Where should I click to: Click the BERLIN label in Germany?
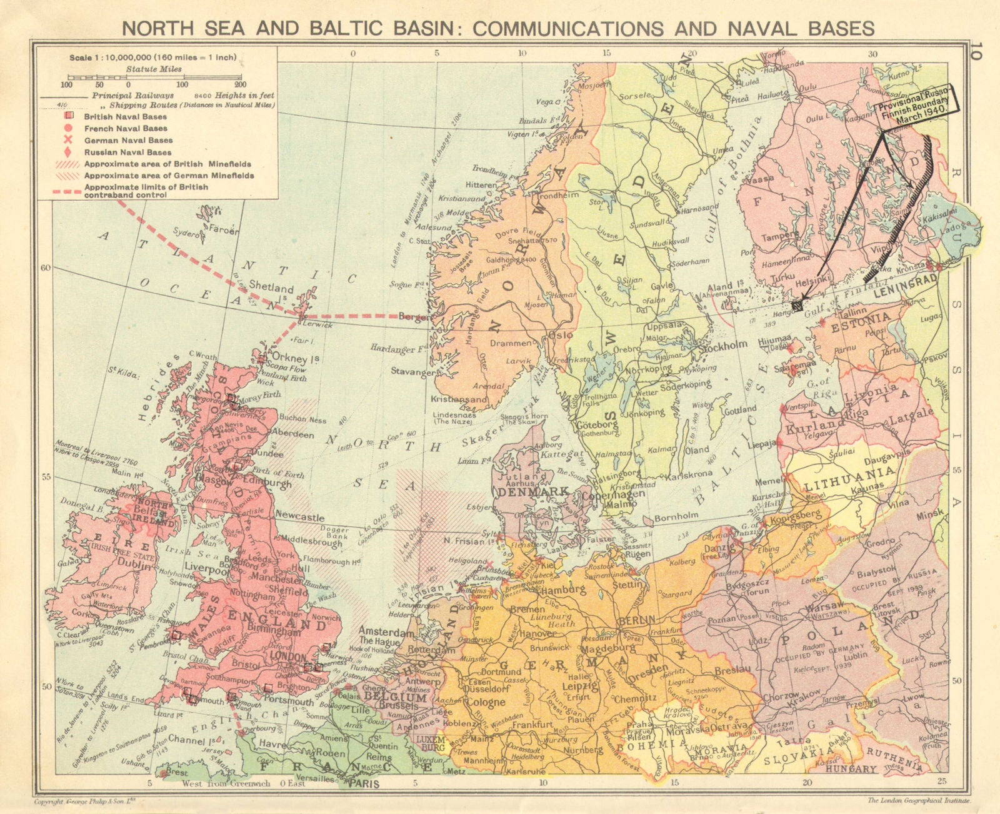[636, 620]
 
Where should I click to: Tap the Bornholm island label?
[677, 516]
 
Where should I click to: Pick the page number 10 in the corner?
[977, 51]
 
